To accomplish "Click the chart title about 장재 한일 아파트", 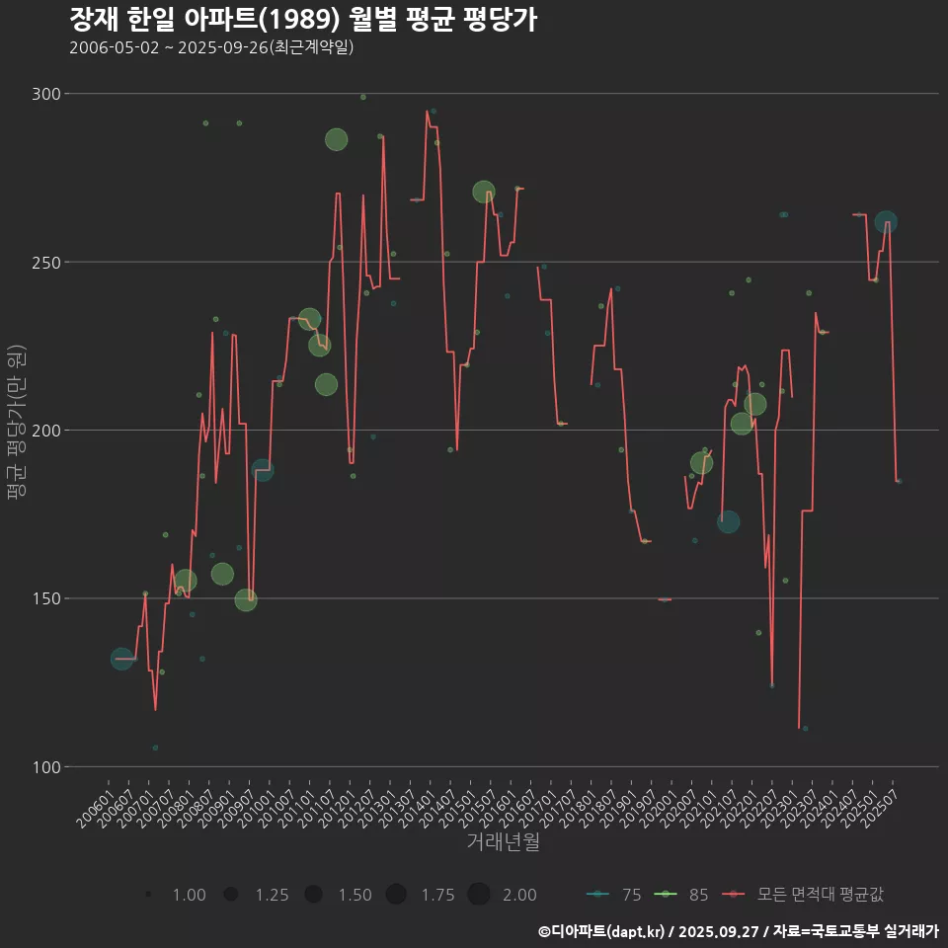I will click(x=303, y=19).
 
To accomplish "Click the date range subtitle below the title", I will click(x=211, y=47).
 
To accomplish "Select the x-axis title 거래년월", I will click(x=503, y=842).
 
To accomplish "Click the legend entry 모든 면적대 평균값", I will click(x=805, y=895).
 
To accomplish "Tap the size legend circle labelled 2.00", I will click(x=479, y=895).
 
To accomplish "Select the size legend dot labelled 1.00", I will click(x=148, y=895).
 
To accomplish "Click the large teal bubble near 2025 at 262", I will click(x=886, y=222).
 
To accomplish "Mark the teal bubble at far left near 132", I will click(x=121, y=659).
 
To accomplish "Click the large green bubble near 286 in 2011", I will click(x=336, y=139).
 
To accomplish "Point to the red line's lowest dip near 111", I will click(x=798, y=727).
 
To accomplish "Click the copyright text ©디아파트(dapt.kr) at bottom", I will click(x=605, y=931).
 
